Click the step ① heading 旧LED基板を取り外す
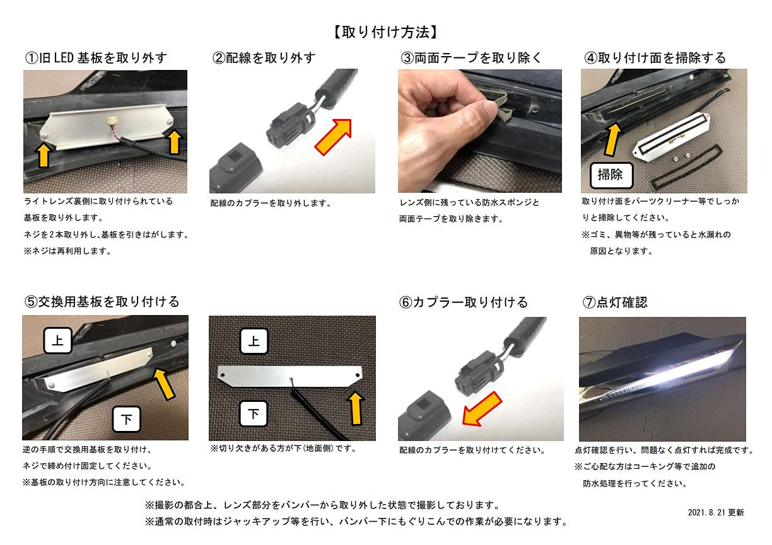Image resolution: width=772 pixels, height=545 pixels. click(96, 58)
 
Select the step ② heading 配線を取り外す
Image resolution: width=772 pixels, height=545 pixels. click(264, 58)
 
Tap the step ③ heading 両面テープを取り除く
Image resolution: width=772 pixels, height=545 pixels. click(471, 58)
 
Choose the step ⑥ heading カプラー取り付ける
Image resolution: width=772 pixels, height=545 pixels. click(464, 302)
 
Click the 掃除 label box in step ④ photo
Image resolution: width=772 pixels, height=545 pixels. click(611, 175)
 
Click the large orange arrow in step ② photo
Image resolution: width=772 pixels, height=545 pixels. click(333, 135)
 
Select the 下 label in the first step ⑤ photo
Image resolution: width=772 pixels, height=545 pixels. click(126, 419)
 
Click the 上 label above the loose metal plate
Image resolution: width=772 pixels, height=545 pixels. click(254, 341)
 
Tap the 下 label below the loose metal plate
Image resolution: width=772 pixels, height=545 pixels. click(254, 414)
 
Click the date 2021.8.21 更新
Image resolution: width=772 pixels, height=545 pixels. click(716, 513)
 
